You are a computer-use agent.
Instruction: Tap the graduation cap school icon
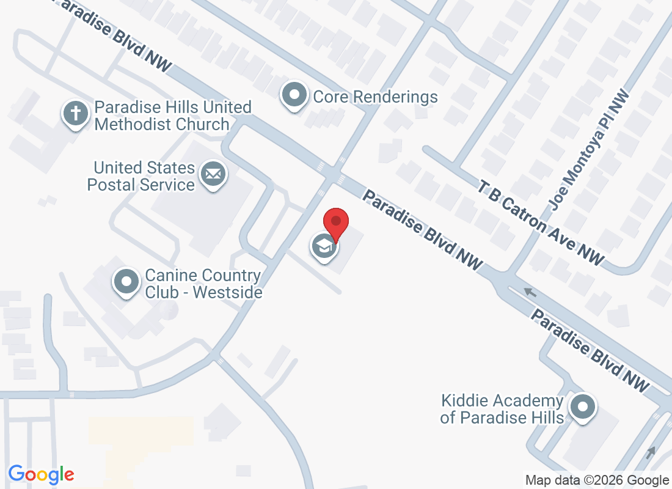coord(324,247)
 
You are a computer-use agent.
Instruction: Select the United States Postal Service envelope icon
coord(213,175)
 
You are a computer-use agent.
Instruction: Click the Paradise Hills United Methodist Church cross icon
coord(75,114)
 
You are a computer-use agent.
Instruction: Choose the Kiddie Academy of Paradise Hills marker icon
coord(583,406)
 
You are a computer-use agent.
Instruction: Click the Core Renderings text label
coord(375,97)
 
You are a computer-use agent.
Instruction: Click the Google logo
coord(41,474)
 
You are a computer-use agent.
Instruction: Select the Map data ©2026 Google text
coord(597,480)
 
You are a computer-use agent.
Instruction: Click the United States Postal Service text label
coord(141,176)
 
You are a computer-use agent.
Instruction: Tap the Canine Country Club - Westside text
coord(203,284)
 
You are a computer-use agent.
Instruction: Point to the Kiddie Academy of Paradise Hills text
coord(502,410)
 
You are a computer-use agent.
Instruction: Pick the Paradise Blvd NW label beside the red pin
coord(422,230)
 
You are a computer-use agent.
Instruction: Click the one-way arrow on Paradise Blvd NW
coord(530,293)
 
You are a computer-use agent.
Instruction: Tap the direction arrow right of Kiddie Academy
coord(651,452)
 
